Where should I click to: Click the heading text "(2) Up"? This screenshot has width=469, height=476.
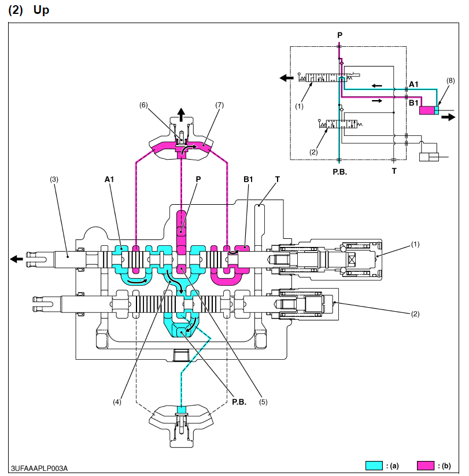pos(28,10)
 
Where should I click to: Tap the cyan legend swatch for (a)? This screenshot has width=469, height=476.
pos(375,465)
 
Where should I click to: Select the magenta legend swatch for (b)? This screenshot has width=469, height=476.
pos(426,465)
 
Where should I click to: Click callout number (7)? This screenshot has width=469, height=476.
pos(219,105)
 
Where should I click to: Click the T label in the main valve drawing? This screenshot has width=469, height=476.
pos(278,179)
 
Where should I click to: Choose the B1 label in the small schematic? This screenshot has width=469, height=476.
pos(413,102)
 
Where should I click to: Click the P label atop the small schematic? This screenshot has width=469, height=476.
pos(339,35)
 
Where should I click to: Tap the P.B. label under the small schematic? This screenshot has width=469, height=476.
pos(339,172)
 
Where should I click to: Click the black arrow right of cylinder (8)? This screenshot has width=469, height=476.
pos(449,116)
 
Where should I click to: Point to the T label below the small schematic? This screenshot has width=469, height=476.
pos(394,172)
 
